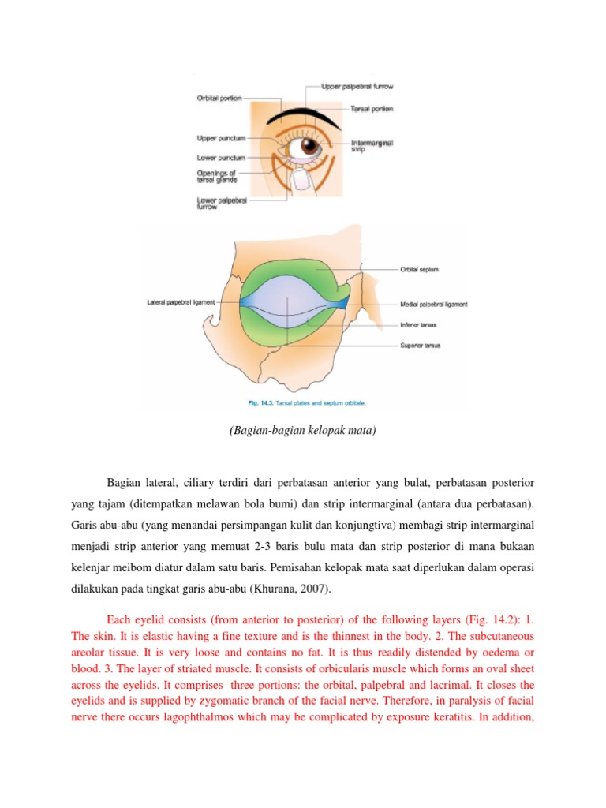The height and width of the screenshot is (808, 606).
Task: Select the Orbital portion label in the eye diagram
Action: (x=219, y=99)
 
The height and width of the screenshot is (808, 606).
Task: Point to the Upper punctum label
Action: (x=218, y=137)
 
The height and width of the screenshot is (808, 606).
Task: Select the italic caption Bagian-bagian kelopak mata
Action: (x=303, y=432)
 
